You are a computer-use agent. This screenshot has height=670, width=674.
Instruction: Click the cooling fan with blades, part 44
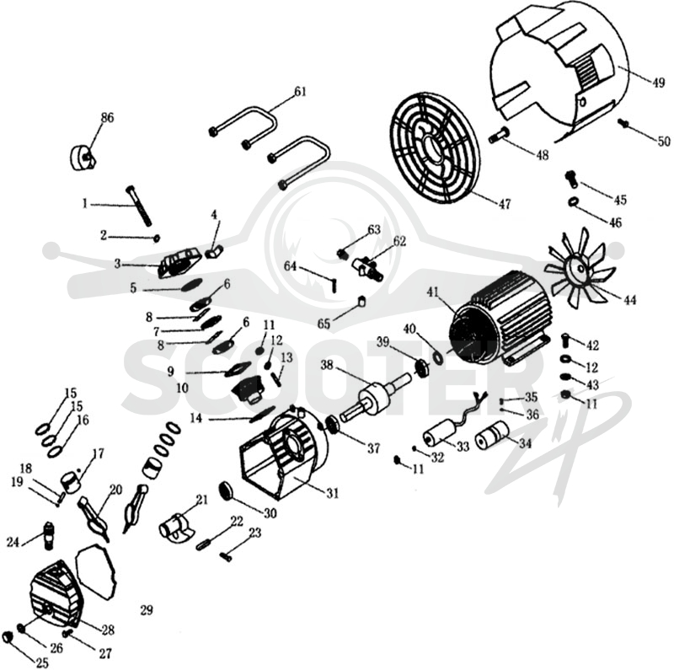[x=576, y=270]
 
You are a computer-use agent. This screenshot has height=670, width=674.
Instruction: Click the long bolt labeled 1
[x=138, y=206]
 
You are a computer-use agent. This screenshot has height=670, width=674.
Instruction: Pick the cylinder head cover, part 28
[x=55, y=595]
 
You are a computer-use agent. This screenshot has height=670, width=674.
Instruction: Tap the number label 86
[x=107, y=117]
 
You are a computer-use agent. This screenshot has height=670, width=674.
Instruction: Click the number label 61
[x=300, y=92]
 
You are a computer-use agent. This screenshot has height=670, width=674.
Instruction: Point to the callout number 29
[x=147, y=610]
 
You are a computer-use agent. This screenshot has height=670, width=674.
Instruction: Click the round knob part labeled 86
[x=83, y=158]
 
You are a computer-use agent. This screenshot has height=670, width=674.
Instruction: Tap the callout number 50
[x=664, y=141]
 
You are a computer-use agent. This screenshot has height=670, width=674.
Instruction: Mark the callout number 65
[x=324, y=324]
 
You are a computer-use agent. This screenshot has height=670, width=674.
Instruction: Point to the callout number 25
[x=42, y=663]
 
